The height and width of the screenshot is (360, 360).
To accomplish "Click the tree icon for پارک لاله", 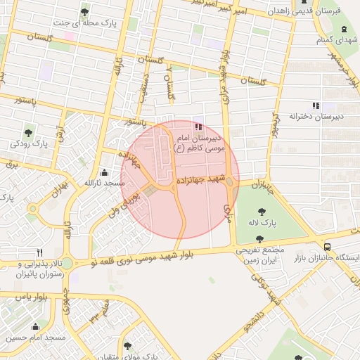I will pyautogui.click(x=261, y=211).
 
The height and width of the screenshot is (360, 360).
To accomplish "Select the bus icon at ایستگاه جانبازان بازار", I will pyautogui.click(x=328, y=247).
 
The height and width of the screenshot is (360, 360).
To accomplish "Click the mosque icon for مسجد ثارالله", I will pyautogui.click(x=105, y=172).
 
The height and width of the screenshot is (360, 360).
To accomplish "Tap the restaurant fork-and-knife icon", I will pyautogui.click(x=39, y=252).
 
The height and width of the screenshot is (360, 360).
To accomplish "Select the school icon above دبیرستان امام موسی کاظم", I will pyautogui.click(x=198, y=127).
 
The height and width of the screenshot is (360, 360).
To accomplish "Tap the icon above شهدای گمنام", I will pyautogui.click(x=343, y=29).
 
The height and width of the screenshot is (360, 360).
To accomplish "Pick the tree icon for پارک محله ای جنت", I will pyautogui.click(x=85, y=12).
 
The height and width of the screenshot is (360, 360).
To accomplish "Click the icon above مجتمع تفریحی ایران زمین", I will pyautogui.click(x=260, y=239).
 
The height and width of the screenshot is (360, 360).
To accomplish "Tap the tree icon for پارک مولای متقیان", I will pyautogui.click(x=127, y=346).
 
